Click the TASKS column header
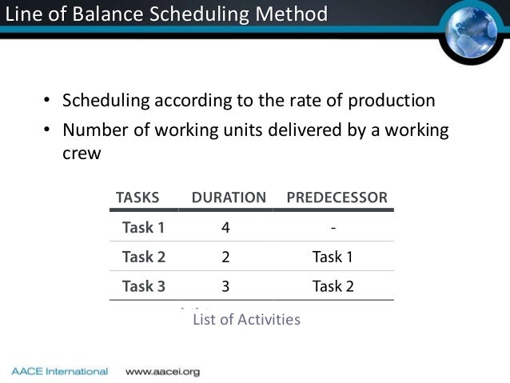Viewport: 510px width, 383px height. click(137, 197)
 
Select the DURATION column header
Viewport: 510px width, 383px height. click(229, 197)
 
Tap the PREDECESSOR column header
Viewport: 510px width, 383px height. click(337, 197)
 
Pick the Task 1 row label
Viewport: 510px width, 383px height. click(143, 227)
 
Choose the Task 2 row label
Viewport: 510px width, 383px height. click(143, 257)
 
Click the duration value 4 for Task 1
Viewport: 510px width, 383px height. click(226, 227)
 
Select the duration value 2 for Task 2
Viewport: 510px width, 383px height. click(226, 257)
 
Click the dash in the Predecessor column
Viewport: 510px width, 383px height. click(333, 227)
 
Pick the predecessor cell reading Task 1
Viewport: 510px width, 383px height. click(333, 257)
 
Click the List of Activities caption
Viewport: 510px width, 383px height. click(246, 320)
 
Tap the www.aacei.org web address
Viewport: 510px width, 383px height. click(163, 372)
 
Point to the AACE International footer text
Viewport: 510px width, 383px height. click(59, 372)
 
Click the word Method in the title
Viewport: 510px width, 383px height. click(295, 14)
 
